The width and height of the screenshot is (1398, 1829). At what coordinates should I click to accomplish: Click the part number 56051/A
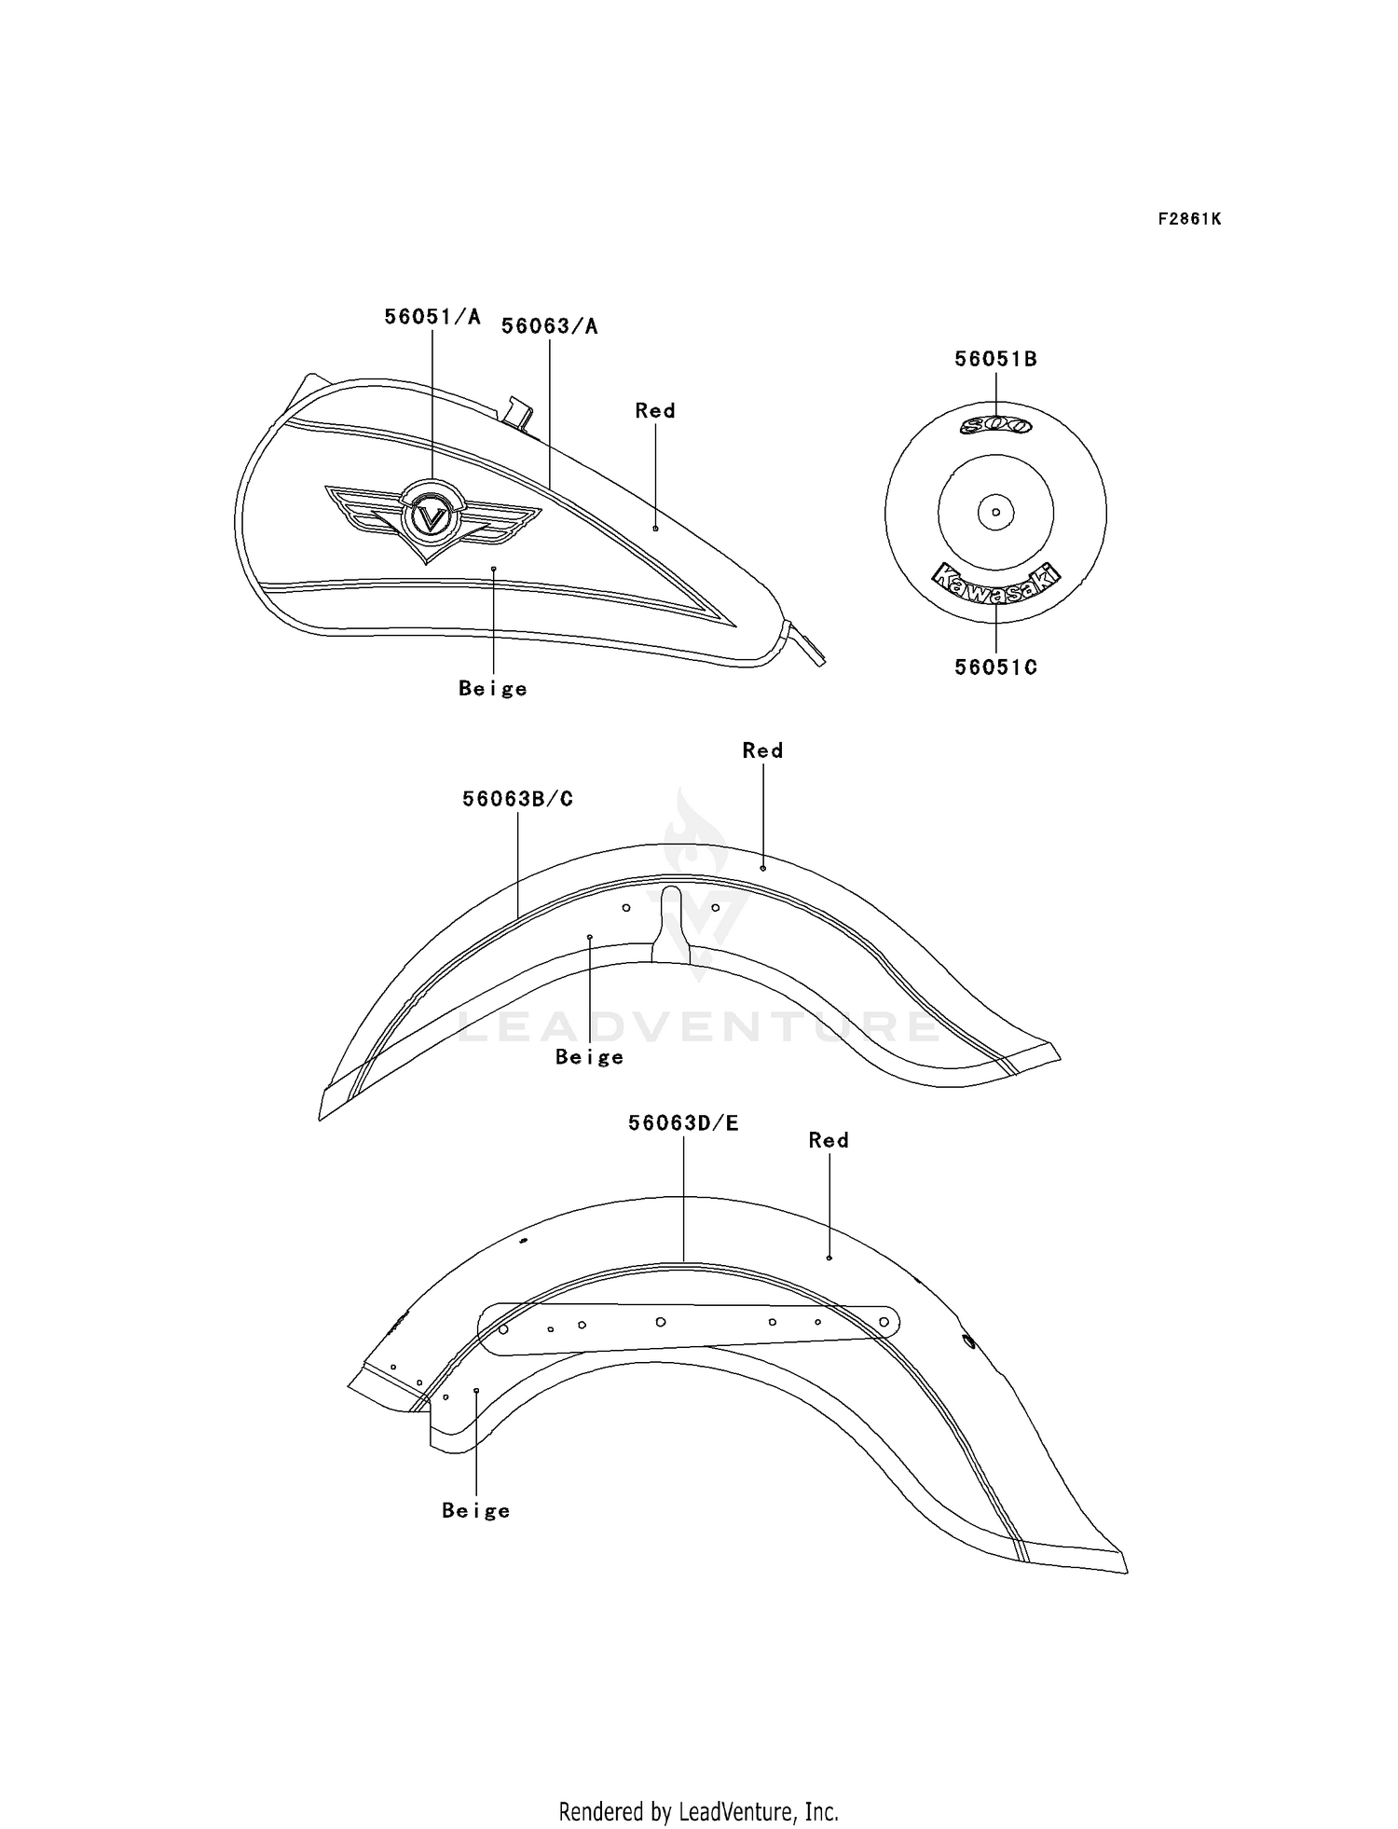(x=432, y=317)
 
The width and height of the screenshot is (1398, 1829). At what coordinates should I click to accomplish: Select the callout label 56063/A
(x=550, y=326)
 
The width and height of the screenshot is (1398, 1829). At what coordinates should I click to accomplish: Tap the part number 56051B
(x=995, y=359)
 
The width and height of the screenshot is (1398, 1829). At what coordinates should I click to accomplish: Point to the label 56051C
(x=995, y=667)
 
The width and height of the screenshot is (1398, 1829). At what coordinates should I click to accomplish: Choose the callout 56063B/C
(x=517, y=799)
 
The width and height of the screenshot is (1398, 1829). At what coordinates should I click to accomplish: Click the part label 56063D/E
(x=683, y=1123)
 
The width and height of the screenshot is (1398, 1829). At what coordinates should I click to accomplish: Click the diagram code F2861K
(x=1189, y=219)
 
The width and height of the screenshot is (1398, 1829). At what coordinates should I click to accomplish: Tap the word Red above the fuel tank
(x=655, y=410)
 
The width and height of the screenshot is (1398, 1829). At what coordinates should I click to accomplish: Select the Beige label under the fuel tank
(x=493, y=689)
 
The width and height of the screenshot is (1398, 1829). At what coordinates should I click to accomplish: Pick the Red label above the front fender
(x=762, y=750)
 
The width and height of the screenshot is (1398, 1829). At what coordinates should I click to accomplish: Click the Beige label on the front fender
(x=590, y=1057)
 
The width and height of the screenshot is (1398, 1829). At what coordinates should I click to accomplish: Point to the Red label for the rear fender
(x=829, y=1140)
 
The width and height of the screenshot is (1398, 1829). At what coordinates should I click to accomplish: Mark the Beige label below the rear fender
(x=476, y=1511)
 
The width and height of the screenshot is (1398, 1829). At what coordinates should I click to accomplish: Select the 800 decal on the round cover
(x=995, y=426)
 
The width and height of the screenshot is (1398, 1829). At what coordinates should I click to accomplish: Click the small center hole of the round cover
(x=995, y=512)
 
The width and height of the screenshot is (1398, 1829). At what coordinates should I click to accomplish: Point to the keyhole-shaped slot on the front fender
(x=670, y=923)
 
